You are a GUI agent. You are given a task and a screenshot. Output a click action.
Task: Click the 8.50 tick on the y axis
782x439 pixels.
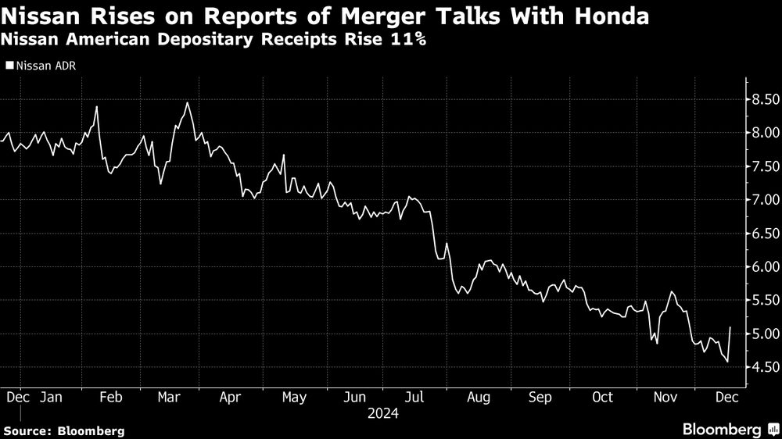(x=766, y=99)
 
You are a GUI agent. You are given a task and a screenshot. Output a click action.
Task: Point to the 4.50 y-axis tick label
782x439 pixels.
(x=766, y=367)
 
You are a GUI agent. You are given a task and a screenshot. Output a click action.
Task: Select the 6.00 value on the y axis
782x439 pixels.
(x=766, y=266)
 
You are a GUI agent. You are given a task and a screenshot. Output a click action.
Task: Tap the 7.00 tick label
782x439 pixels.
(x=766, y=200)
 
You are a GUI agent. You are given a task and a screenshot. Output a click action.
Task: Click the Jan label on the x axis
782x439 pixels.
(x=51, y=398)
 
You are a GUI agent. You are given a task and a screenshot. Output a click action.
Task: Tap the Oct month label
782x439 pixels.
(x=602, y=398)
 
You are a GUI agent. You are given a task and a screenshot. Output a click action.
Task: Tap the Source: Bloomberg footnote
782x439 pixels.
(x=64, y=430)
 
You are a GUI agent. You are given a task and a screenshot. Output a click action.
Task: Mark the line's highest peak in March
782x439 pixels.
(x=187, y=103)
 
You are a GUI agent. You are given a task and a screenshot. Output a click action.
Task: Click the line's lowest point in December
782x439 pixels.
(x=727, y=362)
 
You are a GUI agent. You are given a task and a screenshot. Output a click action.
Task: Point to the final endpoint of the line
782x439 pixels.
(x=730, y=327)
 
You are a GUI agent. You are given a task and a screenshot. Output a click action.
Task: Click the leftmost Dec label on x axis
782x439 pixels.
(x=18, y=398)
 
